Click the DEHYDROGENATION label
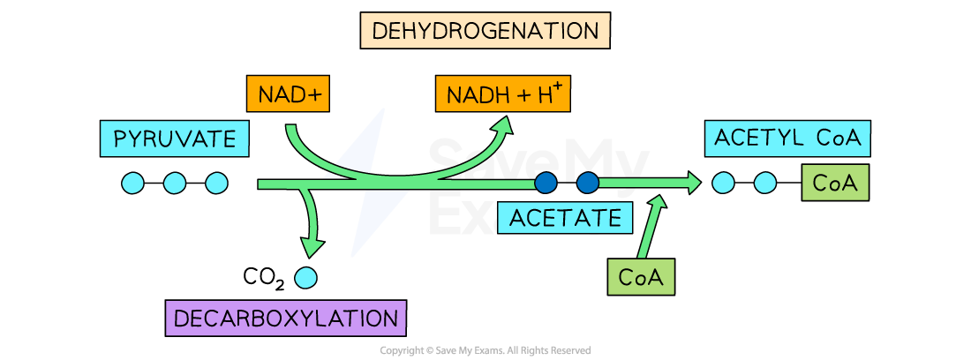click(x=485, y=31)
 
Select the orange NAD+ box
click(x=288, y=94)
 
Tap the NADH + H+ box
click(x=502, y=94)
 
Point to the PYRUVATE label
click(x=175, y=139)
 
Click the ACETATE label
click(x=565, y=216)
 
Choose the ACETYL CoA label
click(x=787, y=139)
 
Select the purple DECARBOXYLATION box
click(x=285, y=318)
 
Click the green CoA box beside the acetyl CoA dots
click(x=835, y=183)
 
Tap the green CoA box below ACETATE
click(x=641, y=277)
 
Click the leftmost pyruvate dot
click(x=132, y=183)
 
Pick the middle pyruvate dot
click(x=175, y=183)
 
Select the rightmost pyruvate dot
click(x=216, y=183)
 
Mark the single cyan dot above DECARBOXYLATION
click(x=305, y=277)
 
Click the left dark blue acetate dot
click(x=546, y=183)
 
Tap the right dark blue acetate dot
click(x=588, y=183)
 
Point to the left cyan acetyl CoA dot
click(x=723, y=183)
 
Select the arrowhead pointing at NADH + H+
click(x=503, y=126)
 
